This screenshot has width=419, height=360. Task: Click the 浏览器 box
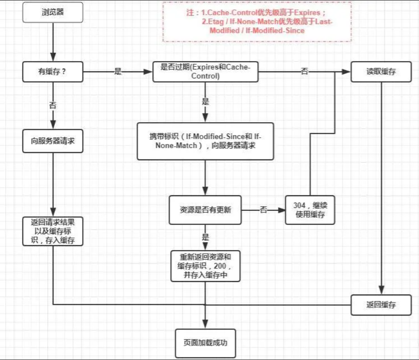tap(53, 12)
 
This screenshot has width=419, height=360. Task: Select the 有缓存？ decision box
tap(53, 71)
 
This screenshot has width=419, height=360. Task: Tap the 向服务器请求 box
tap(53, 140)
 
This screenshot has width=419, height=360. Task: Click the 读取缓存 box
tap(381, 71)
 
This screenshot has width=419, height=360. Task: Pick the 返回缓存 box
tap(381, 305)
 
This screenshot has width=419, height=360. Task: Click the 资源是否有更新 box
tap(205, 210)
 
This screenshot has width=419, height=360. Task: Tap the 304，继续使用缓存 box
tap(310, 210)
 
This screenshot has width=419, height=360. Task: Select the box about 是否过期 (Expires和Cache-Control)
tap(205, 72)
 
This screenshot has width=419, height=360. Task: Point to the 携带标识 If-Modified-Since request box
tap(205, 141)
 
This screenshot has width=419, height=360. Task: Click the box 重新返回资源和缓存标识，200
tap(205, 266)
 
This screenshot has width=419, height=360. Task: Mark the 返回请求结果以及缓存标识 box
tap(53, 231)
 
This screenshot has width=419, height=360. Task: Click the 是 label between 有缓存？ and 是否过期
tap(118, 71)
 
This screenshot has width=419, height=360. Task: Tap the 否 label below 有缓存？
tap(53, 106)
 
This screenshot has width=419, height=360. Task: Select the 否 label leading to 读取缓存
tap(305, 71)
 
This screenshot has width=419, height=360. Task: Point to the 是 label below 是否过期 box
tap(205, 102)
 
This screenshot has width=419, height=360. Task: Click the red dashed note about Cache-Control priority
tap(257, 22)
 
